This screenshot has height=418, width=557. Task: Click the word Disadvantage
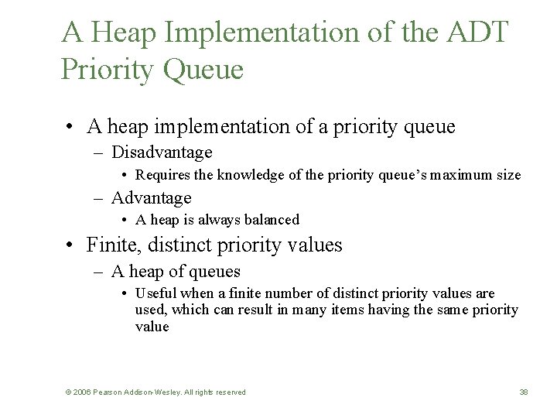point(162,152)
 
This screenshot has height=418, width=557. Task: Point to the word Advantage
point(151,198)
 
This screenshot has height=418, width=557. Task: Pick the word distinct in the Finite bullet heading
point(167,245)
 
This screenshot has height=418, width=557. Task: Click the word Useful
point(155,293)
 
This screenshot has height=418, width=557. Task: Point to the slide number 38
point(524,392)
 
